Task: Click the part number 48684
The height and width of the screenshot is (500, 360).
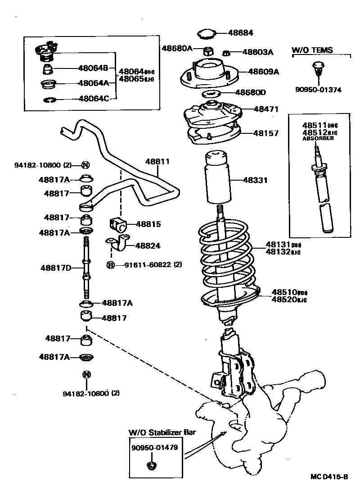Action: [240, 33]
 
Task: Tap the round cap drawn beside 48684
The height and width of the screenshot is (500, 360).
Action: [207, 33]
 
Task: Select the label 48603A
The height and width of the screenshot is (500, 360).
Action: [257, 52]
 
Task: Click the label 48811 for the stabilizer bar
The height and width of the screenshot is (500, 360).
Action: [157, 161]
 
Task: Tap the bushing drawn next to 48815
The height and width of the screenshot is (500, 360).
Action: [118, 224]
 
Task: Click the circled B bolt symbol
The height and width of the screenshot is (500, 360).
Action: [110, 265]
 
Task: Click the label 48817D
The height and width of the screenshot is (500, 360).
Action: [56, 268]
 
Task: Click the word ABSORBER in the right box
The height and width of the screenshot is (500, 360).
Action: [318, 138]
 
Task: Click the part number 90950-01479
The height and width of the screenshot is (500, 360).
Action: [154, 448]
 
